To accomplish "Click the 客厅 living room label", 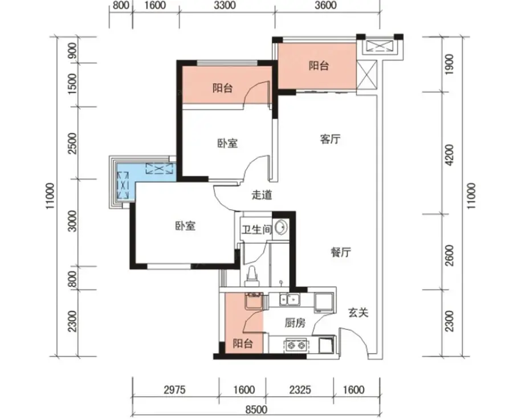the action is point(330,139).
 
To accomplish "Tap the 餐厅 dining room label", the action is point(341,252).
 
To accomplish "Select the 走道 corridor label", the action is point(262,195).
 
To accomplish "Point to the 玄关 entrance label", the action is point(359,313).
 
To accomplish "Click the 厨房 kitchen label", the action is point(295,323).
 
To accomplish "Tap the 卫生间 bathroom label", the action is point(257,229).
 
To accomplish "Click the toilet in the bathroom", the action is point(252,276).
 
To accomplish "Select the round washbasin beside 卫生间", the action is point(280,227).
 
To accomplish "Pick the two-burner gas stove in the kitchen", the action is point(296,345).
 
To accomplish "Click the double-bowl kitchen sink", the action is point(289,299).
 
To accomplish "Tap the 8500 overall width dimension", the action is point(256,409).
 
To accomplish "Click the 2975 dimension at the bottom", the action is point(174,389).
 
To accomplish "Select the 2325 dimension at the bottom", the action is point(300,389).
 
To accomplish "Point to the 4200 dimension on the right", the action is point(450,154).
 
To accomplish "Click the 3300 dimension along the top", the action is point(226,6).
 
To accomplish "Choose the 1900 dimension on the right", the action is point(450,64).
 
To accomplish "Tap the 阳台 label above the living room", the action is point(319,66).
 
